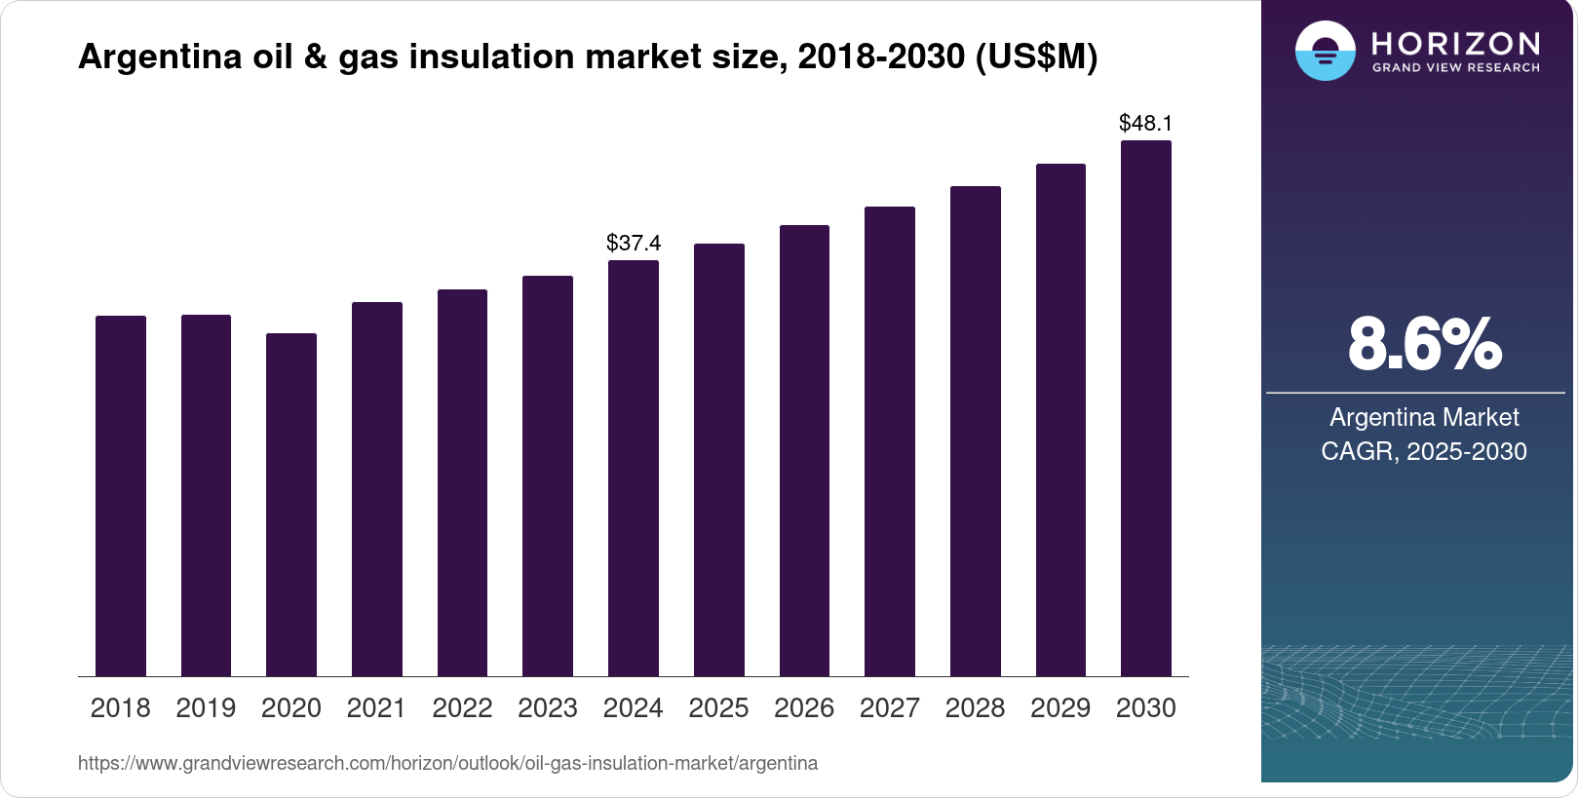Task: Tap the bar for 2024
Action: (634, 468)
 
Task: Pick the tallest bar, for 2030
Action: (1146, 408)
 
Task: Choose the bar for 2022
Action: (462, 482)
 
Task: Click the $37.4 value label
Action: (634, 243)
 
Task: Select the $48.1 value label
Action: (1146, 123)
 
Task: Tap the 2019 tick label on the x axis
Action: (206, 708)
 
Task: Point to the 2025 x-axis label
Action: (718, 708)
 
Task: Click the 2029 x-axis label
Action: (1060, 708)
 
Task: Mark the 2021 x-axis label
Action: (376, 708)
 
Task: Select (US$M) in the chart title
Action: (1036, 57)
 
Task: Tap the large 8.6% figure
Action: (1424, 344)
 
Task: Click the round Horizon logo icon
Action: (1325, 51)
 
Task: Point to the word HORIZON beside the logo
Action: (1455, 43)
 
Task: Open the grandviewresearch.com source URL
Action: (447, 763)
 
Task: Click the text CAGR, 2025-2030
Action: (1423, 451)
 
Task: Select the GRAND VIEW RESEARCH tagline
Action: (1455, 68)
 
